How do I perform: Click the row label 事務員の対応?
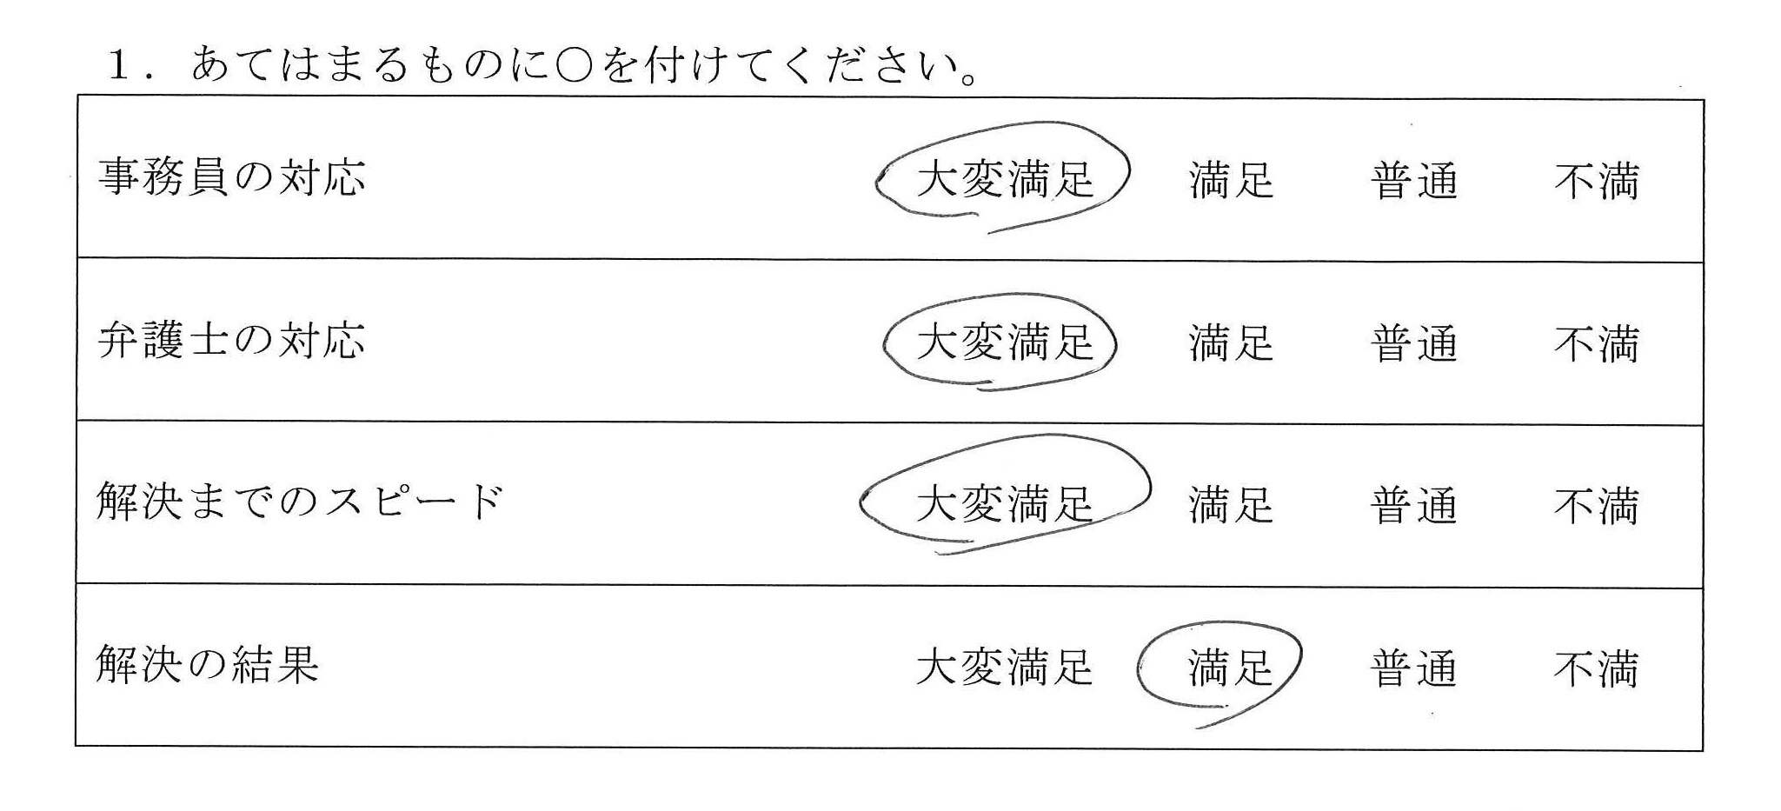pos(231,177)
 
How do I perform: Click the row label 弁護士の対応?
pos(231,340)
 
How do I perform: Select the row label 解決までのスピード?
pos(300,502)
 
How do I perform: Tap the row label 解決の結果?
pos(208,665)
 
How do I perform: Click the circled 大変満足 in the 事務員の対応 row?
pos(1005,180)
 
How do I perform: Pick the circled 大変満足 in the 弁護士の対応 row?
pos(1005,342)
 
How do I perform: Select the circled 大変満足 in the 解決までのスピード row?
pos(1005,504)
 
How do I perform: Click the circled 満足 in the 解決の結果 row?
pos(1231,668)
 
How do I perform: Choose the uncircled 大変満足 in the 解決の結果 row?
pos(1005,668)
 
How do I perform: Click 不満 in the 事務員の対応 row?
pos(1596,182)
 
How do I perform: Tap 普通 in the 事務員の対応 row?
pos(1413,182)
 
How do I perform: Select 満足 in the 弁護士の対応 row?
pos(1231,342)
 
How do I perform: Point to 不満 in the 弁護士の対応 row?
pos(1596,344)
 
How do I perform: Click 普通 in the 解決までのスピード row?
pos(1413,506)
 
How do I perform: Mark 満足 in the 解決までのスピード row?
pos(1231,505)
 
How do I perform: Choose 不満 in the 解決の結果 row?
pos(1596,669)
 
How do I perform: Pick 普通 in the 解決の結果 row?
pos(1413,669)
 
